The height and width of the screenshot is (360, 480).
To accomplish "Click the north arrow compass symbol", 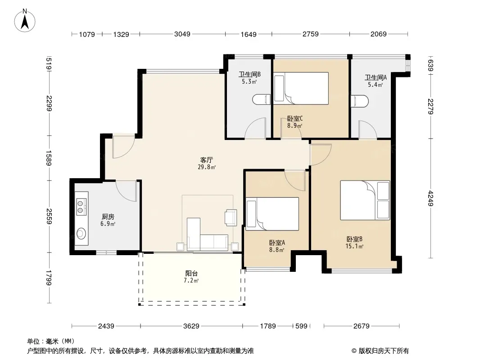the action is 25,21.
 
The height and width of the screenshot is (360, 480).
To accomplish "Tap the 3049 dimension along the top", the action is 182,34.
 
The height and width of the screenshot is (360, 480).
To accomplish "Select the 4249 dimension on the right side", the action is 431,198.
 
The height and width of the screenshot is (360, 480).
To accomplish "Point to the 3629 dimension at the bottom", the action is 191,326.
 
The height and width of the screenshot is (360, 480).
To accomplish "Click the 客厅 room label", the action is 207,160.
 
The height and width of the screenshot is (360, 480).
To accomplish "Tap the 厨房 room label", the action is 108,216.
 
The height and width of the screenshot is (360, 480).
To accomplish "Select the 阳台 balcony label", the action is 191,274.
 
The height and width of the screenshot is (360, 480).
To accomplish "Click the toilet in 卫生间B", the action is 262,99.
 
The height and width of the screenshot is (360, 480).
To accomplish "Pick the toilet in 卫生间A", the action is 359,101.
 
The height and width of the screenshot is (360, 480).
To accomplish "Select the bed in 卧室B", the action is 365,200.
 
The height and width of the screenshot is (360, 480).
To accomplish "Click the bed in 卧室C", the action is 301,88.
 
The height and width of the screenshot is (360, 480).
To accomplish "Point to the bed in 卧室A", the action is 272,214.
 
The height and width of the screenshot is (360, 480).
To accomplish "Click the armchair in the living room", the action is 231,217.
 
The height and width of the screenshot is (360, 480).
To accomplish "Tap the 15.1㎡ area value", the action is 354,246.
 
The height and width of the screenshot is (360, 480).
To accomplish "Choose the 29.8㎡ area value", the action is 207,167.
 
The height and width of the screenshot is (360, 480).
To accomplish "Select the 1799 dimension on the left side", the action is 49,278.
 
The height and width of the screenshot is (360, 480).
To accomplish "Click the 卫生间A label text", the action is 376,77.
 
